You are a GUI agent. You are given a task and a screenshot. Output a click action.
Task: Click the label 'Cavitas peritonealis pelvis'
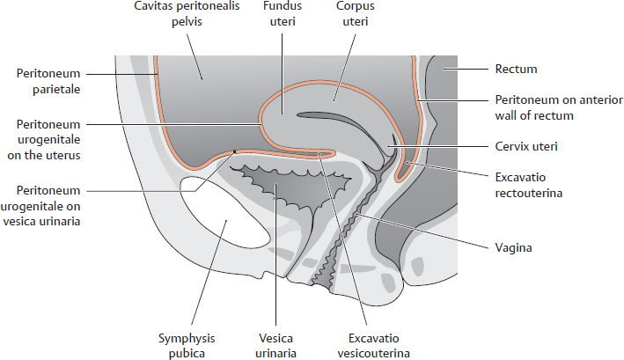(175, 16)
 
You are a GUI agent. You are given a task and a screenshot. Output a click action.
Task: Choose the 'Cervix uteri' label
(523, 145)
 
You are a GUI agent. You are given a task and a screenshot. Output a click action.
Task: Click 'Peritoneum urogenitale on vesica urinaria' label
(53, 205)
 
